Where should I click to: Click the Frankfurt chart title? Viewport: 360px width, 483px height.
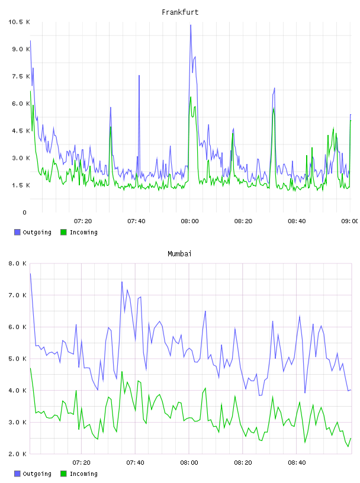pyautogui.click(x=180, y=12)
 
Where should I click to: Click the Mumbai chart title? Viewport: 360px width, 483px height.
pyautogui.click(x=179, y=253)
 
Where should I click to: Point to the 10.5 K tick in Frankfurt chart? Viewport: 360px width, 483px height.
pyautogui.click(x=19, y=22)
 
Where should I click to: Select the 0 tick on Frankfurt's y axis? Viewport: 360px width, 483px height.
pyautogui.click(x=24, y=212)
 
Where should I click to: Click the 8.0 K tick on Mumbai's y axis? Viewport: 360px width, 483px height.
pyautogui.click(x=18, y=263)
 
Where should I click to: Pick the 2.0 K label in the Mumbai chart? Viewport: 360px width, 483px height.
pyautogui.click(x=18, y=454)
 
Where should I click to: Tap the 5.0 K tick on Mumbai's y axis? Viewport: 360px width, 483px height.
pyautogui.click(x=18, y=359)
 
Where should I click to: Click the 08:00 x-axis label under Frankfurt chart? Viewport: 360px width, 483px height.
pyautogui.click(x=189, y=221)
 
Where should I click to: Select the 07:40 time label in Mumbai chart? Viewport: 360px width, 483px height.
pyautogui.click(x=135, y=462)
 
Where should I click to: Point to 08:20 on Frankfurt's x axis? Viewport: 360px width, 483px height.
pyautogui.click(x=243, y=221)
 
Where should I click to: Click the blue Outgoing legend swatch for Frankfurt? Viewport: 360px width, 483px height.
pyautogui.click(x=17, y=232)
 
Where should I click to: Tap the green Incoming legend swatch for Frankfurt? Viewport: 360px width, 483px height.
pyautogui.click(x=63, y=232)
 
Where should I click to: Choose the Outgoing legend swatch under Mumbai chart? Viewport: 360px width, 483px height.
pyautogui.click(x=17, y=474)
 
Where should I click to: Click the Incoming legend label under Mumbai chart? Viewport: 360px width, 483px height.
pyautogui.click(x=83, y=474)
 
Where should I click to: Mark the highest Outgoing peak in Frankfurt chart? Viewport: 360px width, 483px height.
pyautogui.click(x=191, y=25)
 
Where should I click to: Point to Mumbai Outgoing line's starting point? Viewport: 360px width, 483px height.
pyautogui.click(x=30, y=273)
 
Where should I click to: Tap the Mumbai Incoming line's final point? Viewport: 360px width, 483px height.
pyautogui.click(x=351, y=438)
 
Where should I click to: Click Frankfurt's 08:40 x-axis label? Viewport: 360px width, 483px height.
pyautogui.click(x=297, y=221)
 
